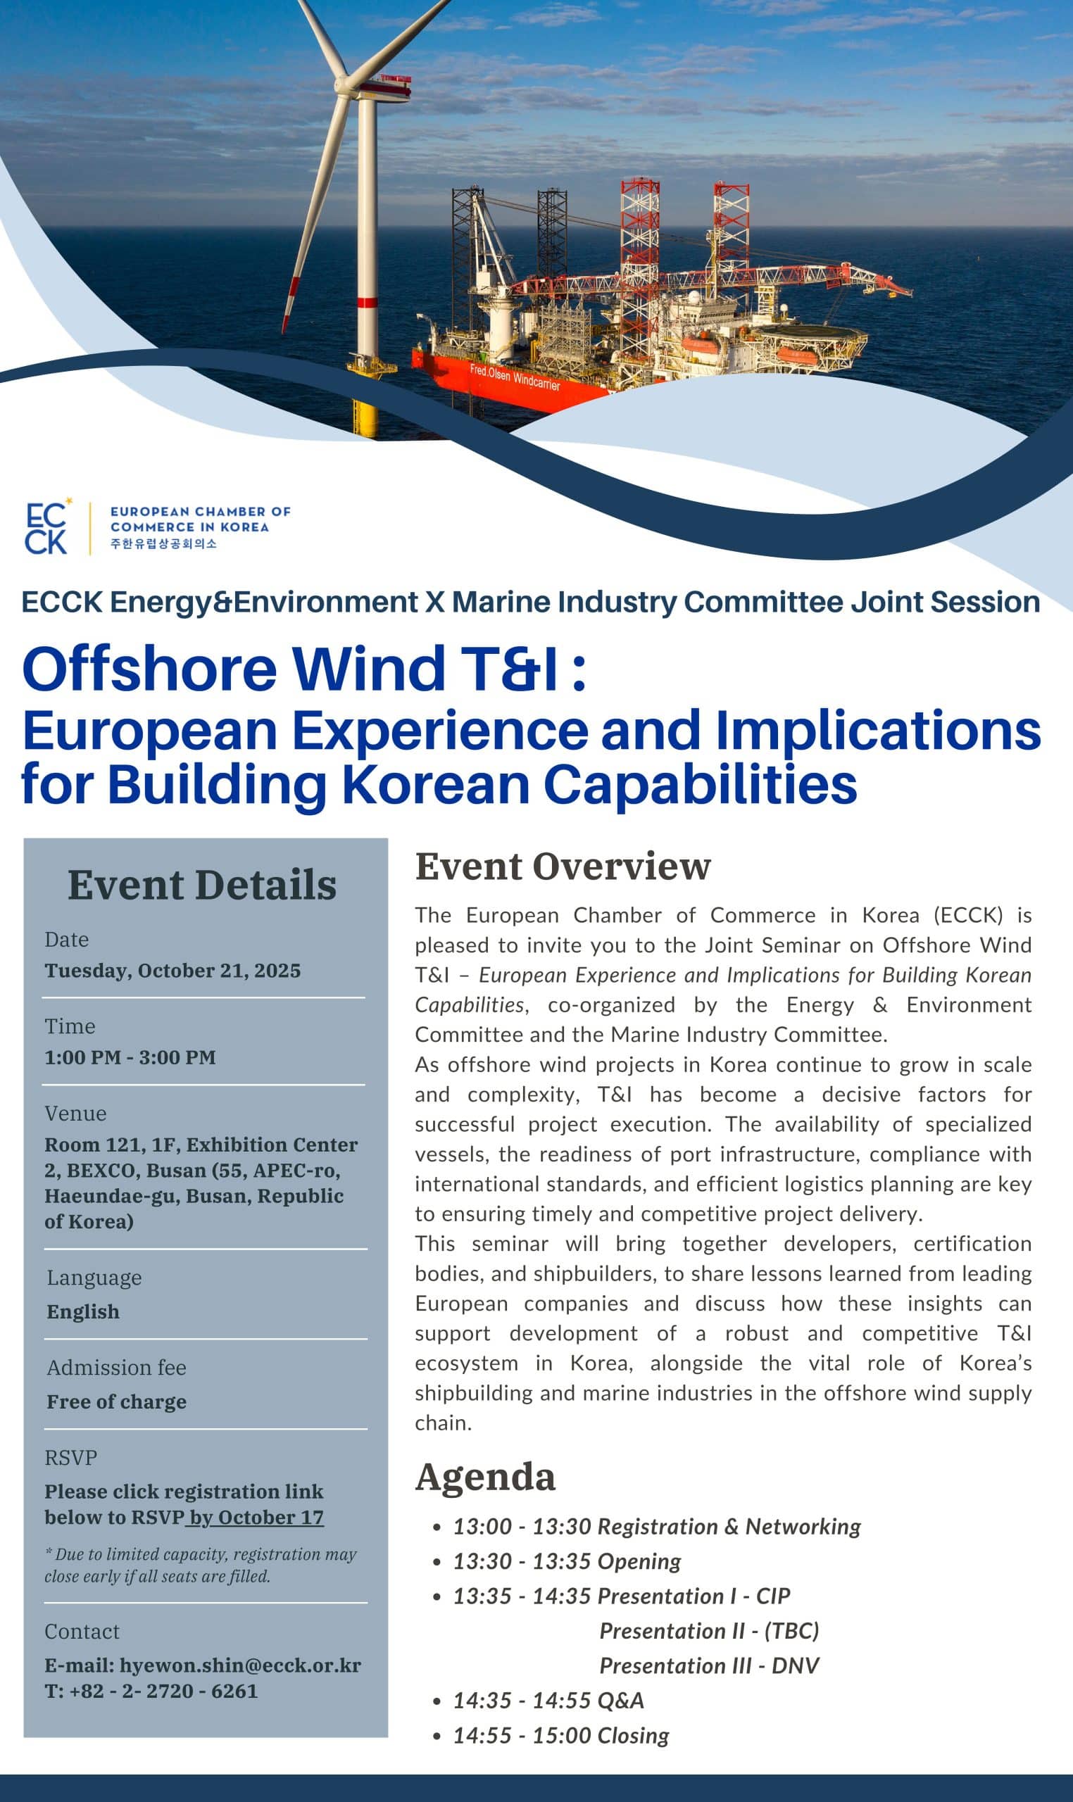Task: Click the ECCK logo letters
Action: pyautogui.click(x=46, y=529)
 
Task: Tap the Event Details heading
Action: pyautogui.click(x=203, y=885)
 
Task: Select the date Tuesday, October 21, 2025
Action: pyautogui.click(x=172, y=971)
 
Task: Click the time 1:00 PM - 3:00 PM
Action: pyautogui.click(x=130, y=1057)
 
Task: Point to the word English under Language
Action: pyautogui.click(x=83, y=1312)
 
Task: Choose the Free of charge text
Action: pyautogui.click(x=116, y=1401)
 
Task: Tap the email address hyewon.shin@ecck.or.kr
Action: pyautogui.click(x=240, y=1665)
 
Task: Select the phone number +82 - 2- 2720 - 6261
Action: pyautogui.click(x=163, y=1691)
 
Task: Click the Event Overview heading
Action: pyautogui.click(x=563, y=866)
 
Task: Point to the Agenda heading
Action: pyautogui.click(x=485, y=1477)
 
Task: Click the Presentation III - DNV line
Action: pyautogui.click(x=709, y=1666)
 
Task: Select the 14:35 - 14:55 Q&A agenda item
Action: pyautogui.click(x=548, y=1701)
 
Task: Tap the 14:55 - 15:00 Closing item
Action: pyautogui.click(x=561, y=1736)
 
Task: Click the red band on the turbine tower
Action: pyautogui.click(x=368, y=302)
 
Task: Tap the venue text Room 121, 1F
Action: pyautogui.click(x=112, y=1145)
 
